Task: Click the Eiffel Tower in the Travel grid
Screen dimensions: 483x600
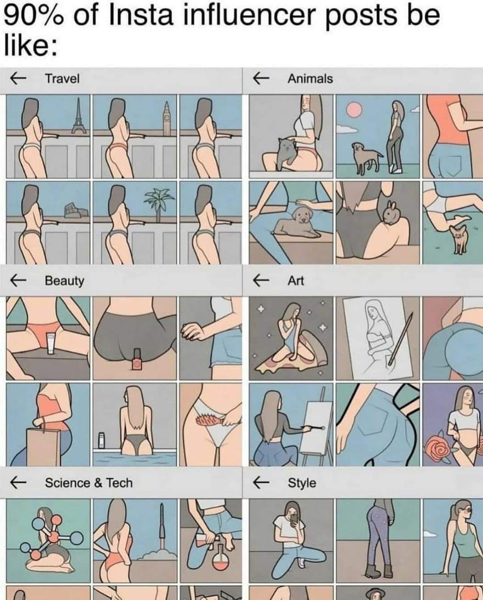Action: coord(78,115)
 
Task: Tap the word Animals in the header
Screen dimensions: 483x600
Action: coord(310,79)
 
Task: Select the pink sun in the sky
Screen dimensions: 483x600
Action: coord(354,109)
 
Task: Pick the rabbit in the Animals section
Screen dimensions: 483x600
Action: coord(389,214)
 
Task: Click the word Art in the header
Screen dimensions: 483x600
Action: coord(295,281)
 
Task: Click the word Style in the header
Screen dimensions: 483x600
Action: coord(302,483)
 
